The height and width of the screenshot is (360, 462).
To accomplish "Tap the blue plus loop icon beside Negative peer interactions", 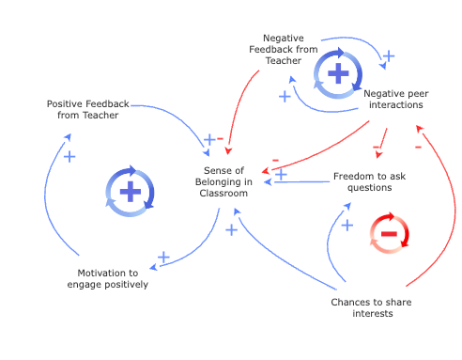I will coord(331,73).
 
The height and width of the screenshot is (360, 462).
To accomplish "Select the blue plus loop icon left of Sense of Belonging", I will coord(129,191).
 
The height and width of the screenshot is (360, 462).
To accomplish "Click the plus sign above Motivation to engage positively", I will coord(162,256).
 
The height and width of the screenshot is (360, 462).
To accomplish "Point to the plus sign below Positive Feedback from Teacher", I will coord(69,156).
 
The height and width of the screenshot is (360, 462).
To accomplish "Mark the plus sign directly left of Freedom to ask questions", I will coord(280,175).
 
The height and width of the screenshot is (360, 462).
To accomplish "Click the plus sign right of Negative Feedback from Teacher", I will coord(387,56).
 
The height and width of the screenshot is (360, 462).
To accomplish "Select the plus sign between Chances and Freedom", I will coord(347,225).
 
